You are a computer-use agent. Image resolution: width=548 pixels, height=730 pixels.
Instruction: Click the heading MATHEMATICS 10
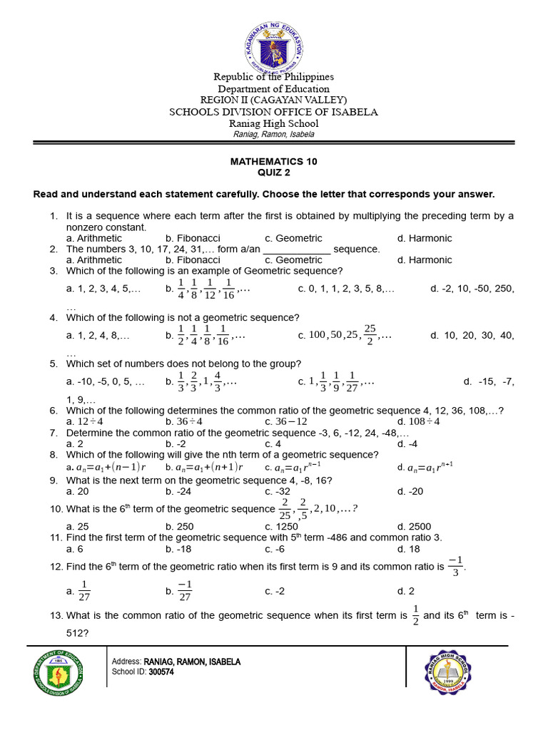click(x=273, y=162)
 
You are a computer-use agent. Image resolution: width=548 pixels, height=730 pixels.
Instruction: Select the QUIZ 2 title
click(x=273, y=173)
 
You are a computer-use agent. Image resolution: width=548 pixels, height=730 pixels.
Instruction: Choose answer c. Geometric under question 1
click(x=293, y=238)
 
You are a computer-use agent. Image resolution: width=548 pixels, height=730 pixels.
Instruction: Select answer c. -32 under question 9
click(x=278, y=491)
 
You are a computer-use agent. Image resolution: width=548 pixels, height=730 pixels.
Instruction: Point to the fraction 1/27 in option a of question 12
click(x=83, y=590)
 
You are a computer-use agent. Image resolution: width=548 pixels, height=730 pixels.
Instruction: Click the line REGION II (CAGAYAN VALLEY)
click(x=273, y=101)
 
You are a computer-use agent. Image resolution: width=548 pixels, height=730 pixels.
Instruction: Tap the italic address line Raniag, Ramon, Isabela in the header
click(x=273, y=135)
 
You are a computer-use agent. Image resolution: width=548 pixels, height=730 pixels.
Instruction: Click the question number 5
click(x=53, y=364)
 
